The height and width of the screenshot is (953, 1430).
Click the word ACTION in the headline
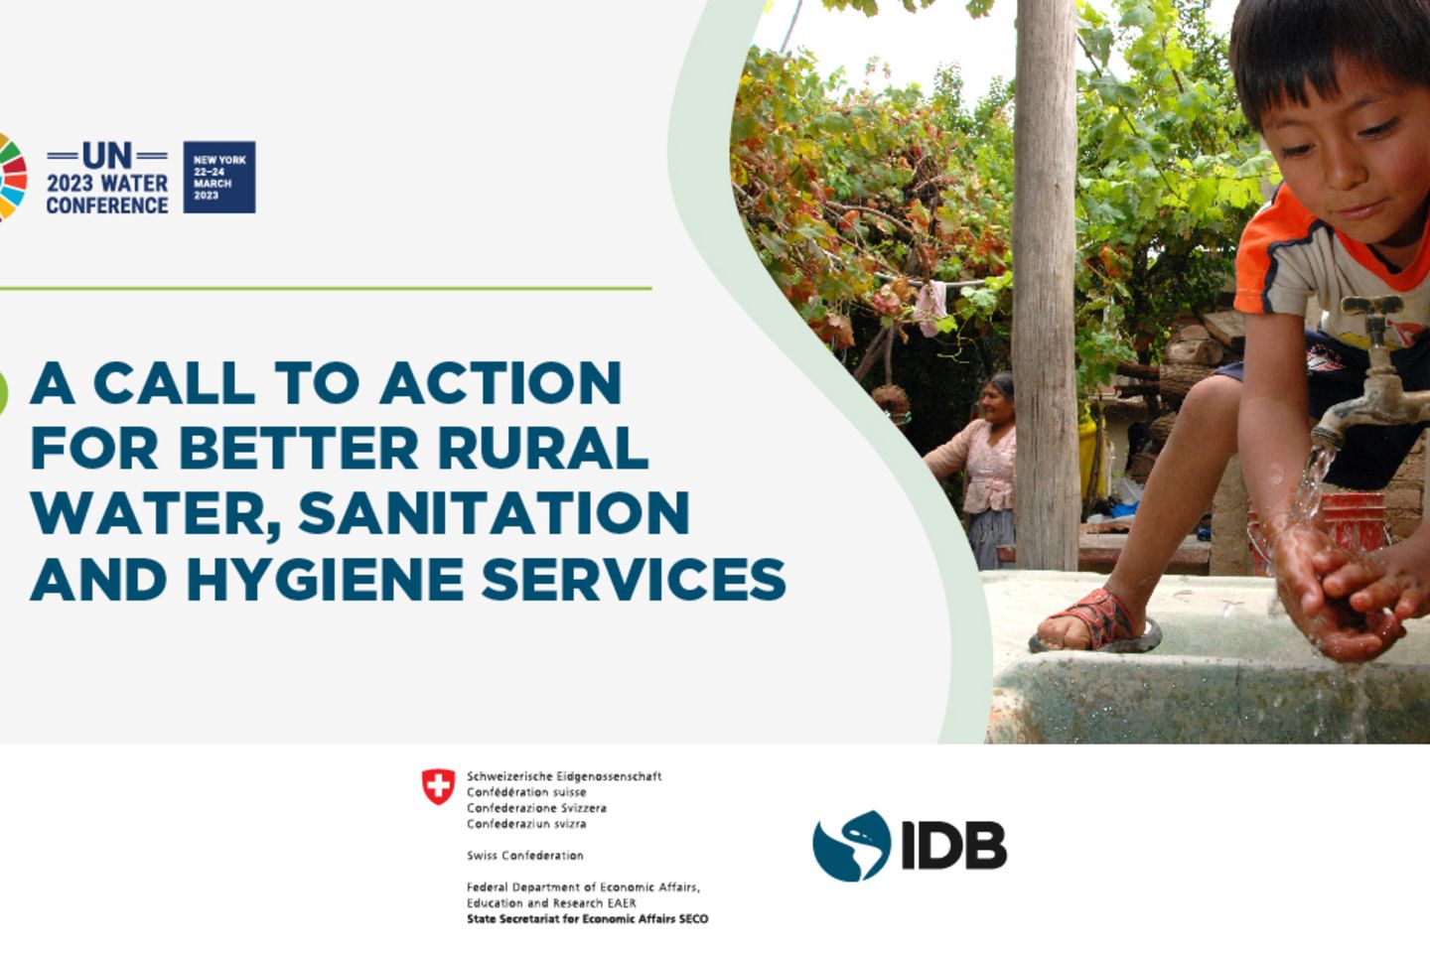501,382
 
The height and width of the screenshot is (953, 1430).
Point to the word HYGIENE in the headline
325,579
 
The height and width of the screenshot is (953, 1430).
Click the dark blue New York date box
219,177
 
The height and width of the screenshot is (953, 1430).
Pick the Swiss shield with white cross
439,786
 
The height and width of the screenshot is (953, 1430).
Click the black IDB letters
953,846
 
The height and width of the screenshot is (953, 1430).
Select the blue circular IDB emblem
851,846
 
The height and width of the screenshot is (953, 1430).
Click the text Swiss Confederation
524,856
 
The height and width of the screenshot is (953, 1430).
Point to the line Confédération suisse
526,792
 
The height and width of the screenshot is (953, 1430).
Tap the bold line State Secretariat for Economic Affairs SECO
587,919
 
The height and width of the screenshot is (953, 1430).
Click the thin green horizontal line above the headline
326,289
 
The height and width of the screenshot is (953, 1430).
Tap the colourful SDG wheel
13,178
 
